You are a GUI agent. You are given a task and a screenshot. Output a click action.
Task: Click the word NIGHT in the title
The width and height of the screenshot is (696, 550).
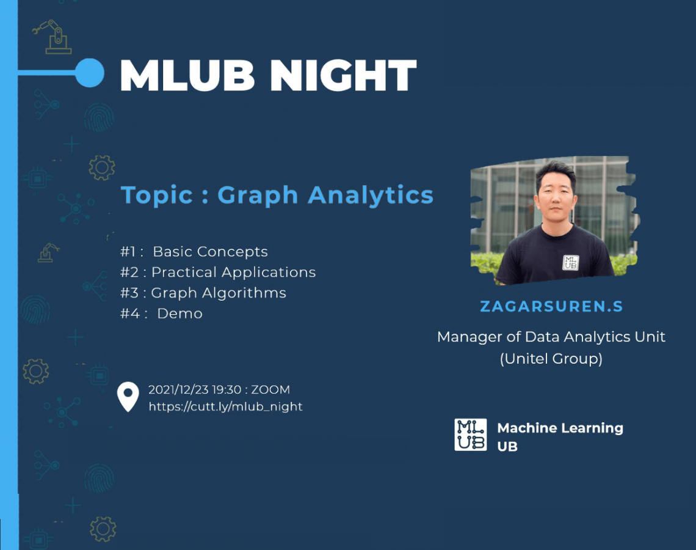[x=343, y=75]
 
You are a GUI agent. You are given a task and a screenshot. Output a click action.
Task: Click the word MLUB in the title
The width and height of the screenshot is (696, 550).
[x=187, y=75]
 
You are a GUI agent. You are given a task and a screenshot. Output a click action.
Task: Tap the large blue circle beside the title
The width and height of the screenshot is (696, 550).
[x=90, y=72]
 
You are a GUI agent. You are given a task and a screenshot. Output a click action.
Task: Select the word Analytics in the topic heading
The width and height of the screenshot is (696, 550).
[x=370, y=195]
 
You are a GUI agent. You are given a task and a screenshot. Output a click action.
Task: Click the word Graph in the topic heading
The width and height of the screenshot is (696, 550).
[x=258, y=196]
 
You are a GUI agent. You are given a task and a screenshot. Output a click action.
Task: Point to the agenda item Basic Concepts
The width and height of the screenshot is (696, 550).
[x=211, y=252]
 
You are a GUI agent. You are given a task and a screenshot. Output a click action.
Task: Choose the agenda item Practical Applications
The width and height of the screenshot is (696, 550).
[x=233, y=273]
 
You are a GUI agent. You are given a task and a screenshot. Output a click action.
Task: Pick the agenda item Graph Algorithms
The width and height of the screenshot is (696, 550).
[x=219, y=293]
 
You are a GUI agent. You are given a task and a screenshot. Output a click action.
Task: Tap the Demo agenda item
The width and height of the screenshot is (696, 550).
[x=179, y=313]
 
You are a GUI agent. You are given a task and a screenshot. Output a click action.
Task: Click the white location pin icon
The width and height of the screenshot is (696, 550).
[x=128, y=396]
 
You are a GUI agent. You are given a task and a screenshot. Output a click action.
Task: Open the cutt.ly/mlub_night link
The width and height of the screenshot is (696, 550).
[x=225, y=406]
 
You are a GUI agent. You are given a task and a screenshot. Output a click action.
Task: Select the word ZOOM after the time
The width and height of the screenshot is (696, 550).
[x=270, y=390]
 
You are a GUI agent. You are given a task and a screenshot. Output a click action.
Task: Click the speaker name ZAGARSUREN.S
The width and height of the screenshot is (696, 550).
[x=551, y=306]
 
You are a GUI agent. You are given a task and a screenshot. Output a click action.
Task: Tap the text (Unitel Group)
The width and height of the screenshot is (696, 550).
[x=551, y=359]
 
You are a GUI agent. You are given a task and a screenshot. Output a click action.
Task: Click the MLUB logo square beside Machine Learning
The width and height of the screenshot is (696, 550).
[x=471, y=435]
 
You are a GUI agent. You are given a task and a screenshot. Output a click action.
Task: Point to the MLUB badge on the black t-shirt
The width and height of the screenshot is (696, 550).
[x=570, y=263]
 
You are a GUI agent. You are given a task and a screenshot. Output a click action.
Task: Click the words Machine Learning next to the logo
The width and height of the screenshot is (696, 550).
[x=560, y=428]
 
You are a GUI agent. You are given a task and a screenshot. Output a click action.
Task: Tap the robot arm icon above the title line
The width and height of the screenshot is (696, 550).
[x=53, y=37]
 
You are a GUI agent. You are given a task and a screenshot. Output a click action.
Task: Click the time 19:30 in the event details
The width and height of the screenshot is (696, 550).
[x=227, y=390]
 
